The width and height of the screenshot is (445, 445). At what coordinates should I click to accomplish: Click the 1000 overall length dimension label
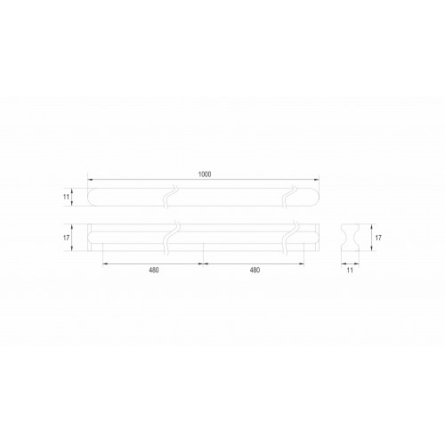tap(205, 174)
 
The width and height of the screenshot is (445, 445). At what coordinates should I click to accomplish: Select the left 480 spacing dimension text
tap(154, 270)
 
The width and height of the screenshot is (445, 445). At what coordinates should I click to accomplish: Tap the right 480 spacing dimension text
tap(255, 270)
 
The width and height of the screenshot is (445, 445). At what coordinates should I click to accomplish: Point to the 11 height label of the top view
tap(66, 197)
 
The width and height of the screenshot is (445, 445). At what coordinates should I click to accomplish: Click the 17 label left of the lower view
tap(66, 238)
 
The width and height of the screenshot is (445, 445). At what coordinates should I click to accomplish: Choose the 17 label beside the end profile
tap(378, 238)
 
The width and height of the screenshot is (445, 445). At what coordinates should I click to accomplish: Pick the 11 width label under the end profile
tap(350, 270)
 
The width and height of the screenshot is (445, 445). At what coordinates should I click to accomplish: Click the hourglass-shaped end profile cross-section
tap(350, 238)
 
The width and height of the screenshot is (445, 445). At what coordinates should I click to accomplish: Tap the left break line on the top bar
tap(170, 197)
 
